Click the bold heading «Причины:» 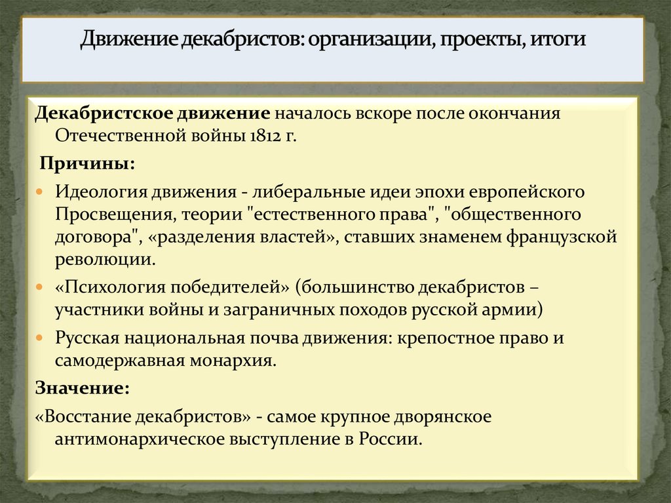coord(87,163)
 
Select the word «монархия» coord(239,360)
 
